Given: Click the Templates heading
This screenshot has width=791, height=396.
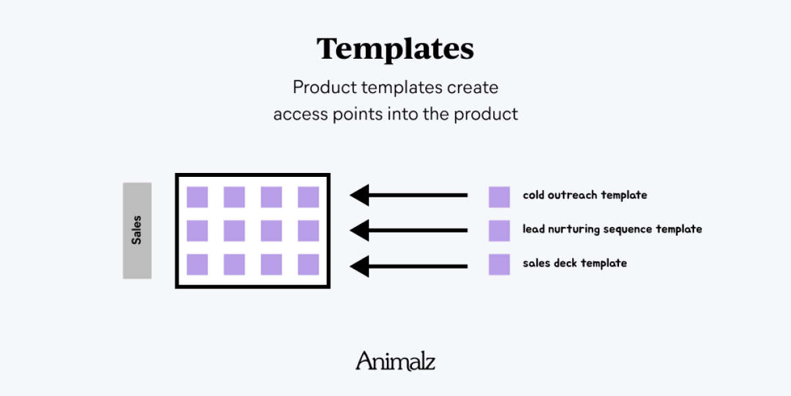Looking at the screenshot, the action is pyautogui.click(x=395, y=49).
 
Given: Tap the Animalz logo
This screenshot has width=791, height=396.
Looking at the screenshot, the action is pyautogui.click(x=395, y=360).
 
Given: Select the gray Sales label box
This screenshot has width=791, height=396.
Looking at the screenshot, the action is pyautogui.click(x=137, y=230).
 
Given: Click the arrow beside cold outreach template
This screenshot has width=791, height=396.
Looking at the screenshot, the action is pyautogui.click(x=409, y=195).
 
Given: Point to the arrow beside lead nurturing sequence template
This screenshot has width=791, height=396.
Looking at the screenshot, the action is pyautogui.click(x=409, y=230).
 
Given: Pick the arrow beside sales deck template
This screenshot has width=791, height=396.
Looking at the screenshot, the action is pyautogui.click(x=409, y=266).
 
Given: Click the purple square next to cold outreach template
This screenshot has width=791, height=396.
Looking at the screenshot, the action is pyautogui.click(x=500, y=197).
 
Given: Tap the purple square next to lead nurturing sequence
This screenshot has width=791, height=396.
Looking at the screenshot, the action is pyautogui.click(x=500, y=230).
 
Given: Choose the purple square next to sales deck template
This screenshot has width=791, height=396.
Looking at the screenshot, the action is pyautogui.click(x=500, y=265).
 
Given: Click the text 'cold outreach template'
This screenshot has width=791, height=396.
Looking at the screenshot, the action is pyautogui.click(x=585, y=195).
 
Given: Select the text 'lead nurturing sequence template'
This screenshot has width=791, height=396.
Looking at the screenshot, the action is pyautogui.click(x=612, y=230).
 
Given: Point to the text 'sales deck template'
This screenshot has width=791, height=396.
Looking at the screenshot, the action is pyautogui.click(x=575, y=263).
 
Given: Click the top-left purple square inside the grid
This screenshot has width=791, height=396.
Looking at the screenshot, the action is pyautogui.click(x=197, y=197).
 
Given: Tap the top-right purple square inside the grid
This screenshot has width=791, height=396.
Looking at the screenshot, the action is pyautogui.click(x=308, y=197).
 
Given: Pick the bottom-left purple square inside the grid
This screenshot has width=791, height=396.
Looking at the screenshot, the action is pyautogui.click(x=197, y=265).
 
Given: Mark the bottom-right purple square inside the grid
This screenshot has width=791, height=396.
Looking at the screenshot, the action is pyautogui.click(x=308, y=265).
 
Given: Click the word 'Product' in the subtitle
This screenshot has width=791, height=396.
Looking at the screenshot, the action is pyautogui.click(x=325, y=87).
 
